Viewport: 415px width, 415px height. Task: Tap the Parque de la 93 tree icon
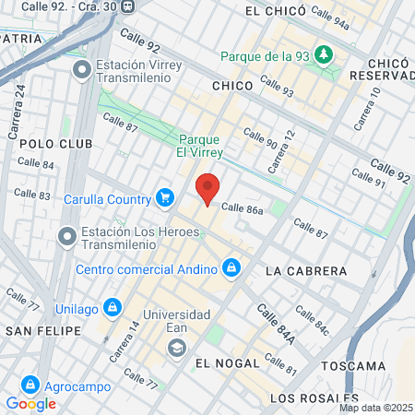[324, 54]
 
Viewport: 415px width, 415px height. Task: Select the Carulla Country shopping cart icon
[165, 197]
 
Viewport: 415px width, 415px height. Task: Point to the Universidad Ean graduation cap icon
[176, 348]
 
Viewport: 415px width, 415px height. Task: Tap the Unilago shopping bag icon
[112, 305]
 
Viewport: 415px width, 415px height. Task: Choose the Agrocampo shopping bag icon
[30, 383]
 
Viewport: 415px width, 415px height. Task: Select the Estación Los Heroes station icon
[66, 237]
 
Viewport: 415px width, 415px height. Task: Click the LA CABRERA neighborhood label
[305, 271]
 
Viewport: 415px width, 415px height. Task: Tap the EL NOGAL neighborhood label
[226, 362]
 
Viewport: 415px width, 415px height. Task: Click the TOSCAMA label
[352, 365]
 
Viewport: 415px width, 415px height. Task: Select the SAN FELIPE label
[38, 329]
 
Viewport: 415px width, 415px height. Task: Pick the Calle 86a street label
[243, 210]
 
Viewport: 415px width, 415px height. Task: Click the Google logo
[30, 403]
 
